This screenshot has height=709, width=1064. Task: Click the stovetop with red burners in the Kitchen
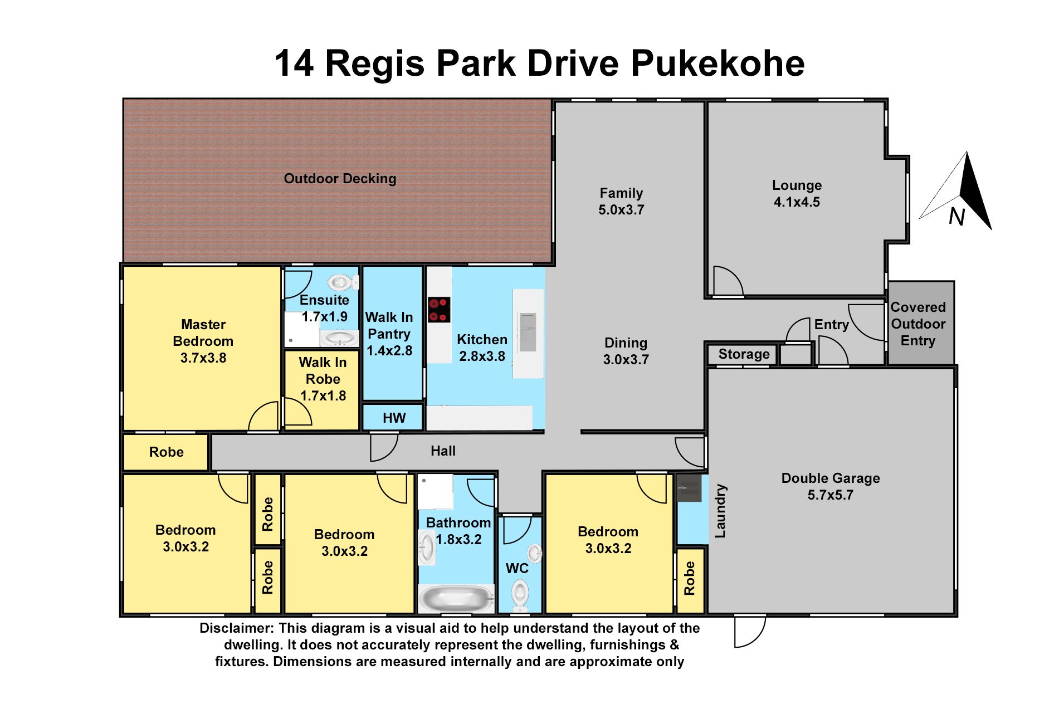pos(439,310)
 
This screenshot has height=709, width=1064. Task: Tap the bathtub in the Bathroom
pos(456,599)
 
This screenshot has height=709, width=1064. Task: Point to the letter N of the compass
pos(956,217)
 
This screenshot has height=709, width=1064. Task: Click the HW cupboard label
pos(394,418)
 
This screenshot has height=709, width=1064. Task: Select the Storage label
pos(744,354)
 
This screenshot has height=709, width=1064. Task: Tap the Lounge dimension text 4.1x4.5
pos(797,202)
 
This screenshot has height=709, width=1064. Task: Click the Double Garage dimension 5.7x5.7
pos(830,495)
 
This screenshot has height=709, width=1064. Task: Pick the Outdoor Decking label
pos(340,179)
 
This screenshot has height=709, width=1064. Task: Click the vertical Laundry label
pos(720,511)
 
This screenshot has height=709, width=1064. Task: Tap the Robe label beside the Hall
pos(166,452)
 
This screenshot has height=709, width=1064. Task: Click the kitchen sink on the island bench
pos(527,333)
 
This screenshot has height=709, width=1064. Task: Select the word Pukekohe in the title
pos(718,63)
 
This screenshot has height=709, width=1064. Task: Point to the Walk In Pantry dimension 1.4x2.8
pos(389,351)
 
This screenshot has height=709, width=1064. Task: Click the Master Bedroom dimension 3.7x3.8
pos(203,358)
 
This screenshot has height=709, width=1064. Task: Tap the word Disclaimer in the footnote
pos(236,628)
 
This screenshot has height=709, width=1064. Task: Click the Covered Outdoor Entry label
pos(918,324)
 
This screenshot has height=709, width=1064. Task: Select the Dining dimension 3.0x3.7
pos(626,360)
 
